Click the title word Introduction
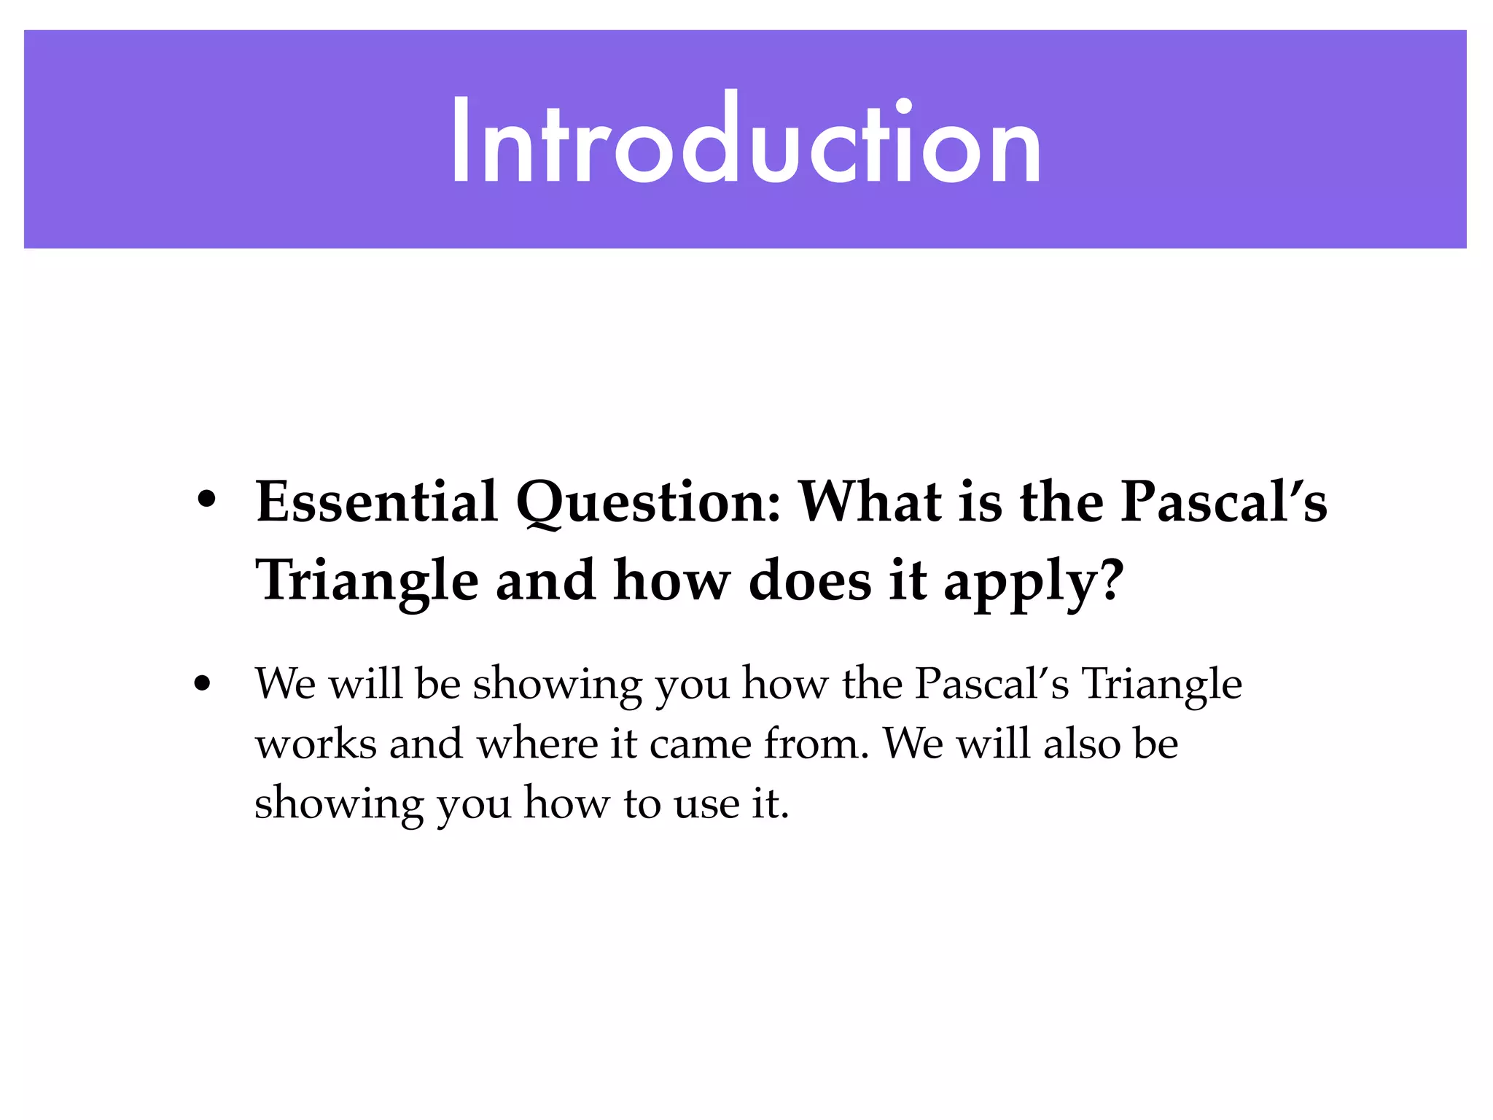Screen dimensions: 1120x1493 pos(746,140)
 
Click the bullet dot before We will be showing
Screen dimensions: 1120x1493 pos(203,684)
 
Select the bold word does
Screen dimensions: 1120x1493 pos(810,581)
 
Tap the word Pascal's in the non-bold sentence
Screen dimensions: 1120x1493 pos(991,684)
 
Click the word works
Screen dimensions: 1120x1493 pos(316,745)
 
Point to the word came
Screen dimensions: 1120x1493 pos(701,745)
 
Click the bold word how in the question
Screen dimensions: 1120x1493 pos(671,581)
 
